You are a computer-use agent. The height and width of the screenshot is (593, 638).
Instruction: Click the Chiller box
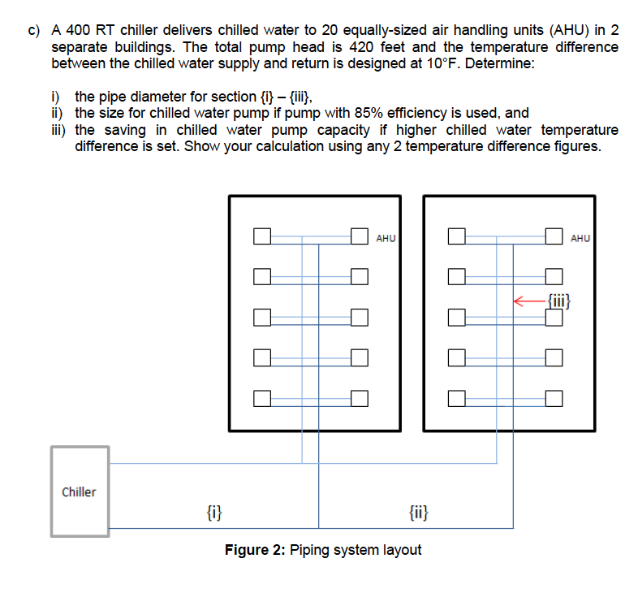coord(80,491)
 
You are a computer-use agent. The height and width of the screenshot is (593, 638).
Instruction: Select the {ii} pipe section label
coord(420,512)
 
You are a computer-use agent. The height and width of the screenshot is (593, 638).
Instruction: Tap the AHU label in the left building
coord(386,238)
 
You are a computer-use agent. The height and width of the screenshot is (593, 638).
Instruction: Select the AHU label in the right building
coord(580,238)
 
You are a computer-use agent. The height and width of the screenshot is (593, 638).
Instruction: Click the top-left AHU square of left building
coord(261,237)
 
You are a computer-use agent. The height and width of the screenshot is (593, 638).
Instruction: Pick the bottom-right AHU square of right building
coord(554,398)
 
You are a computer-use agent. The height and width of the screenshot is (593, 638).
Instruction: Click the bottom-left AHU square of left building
coord(261,398)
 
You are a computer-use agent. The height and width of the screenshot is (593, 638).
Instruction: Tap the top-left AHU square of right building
coord(456,237)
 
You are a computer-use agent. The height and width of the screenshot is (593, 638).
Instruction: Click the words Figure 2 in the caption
coord(252,550)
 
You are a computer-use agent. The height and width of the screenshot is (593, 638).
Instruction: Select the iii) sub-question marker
coord(60,130)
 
